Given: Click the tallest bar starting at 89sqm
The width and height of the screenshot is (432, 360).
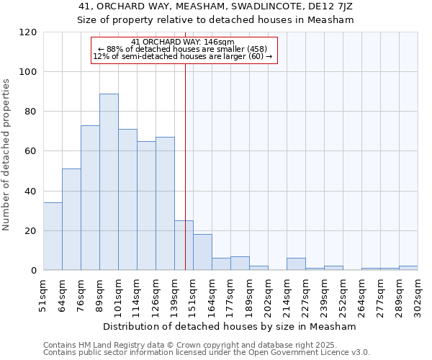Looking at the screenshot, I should click(109, 182).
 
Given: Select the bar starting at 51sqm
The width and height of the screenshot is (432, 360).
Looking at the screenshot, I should click(53, 236).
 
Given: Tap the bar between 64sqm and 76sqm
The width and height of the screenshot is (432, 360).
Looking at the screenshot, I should click(71, 220).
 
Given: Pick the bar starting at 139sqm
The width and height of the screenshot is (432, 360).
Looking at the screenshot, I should click(184, 246).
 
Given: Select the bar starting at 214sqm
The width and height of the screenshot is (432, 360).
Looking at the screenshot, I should click(296, 264).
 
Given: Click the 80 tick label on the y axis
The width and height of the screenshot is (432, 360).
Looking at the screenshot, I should click(30, 112).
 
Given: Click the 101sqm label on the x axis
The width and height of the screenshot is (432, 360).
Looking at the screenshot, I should click(119, 294).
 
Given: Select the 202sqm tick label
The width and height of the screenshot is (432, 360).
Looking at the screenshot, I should click(269, 294).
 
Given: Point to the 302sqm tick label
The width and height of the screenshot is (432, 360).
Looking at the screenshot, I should click(418, 294).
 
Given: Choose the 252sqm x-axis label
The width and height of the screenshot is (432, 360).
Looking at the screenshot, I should click(343, 294).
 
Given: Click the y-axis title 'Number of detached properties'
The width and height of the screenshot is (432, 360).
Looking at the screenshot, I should click(6, 155).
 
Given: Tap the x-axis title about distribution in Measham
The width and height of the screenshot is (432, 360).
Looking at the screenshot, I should click(230, 326).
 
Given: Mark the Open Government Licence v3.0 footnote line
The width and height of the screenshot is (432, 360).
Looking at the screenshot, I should click(207, 352).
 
